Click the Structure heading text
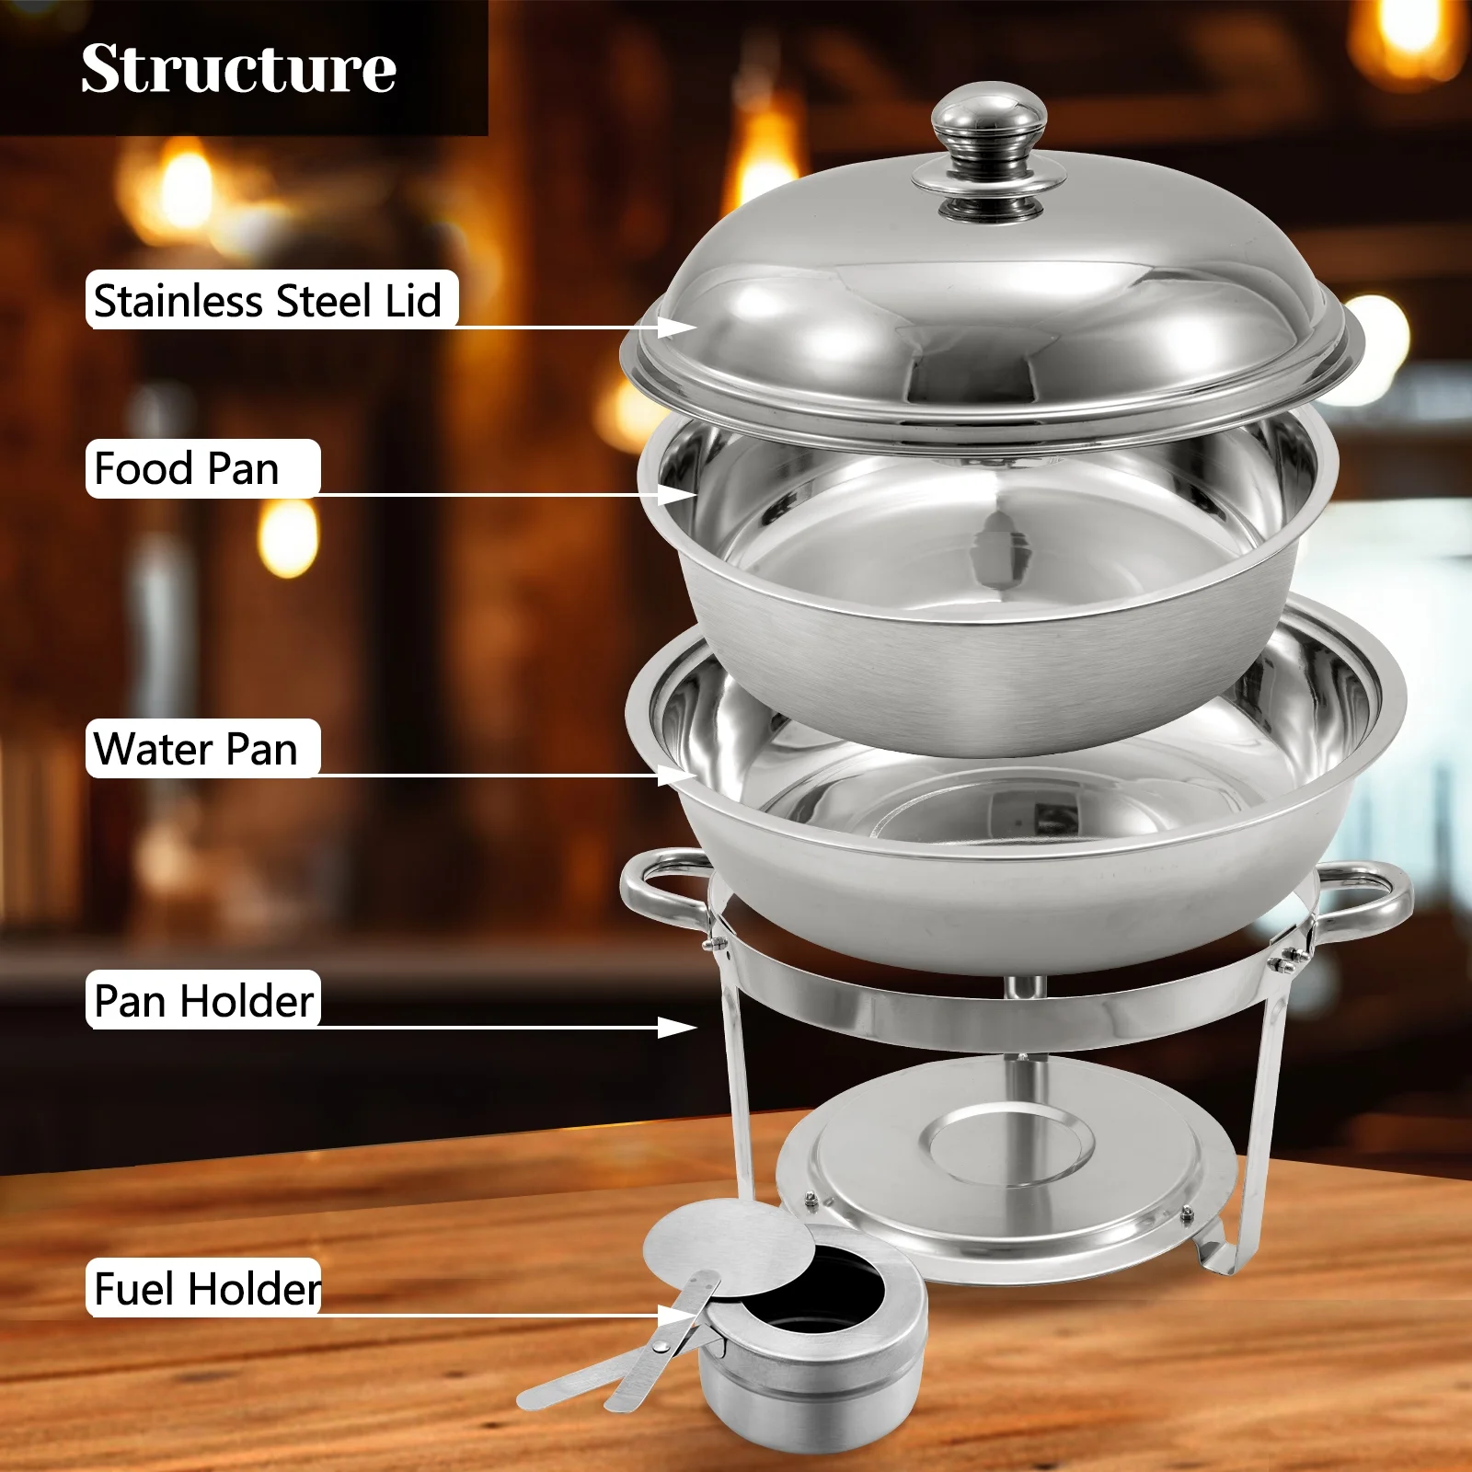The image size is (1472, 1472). tap(238, 69)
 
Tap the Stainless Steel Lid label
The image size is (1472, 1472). tap(269, 301)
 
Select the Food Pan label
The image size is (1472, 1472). tap(188, 469)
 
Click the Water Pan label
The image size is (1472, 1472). tap(196, 749)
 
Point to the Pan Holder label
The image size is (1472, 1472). tap(204, 1001)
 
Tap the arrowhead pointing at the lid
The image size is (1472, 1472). tap(679, 327)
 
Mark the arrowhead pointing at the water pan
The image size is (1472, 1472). tap(679, 775)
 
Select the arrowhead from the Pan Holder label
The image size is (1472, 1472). tap(679, 1027)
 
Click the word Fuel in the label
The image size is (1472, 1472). tap(134, 1289)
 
